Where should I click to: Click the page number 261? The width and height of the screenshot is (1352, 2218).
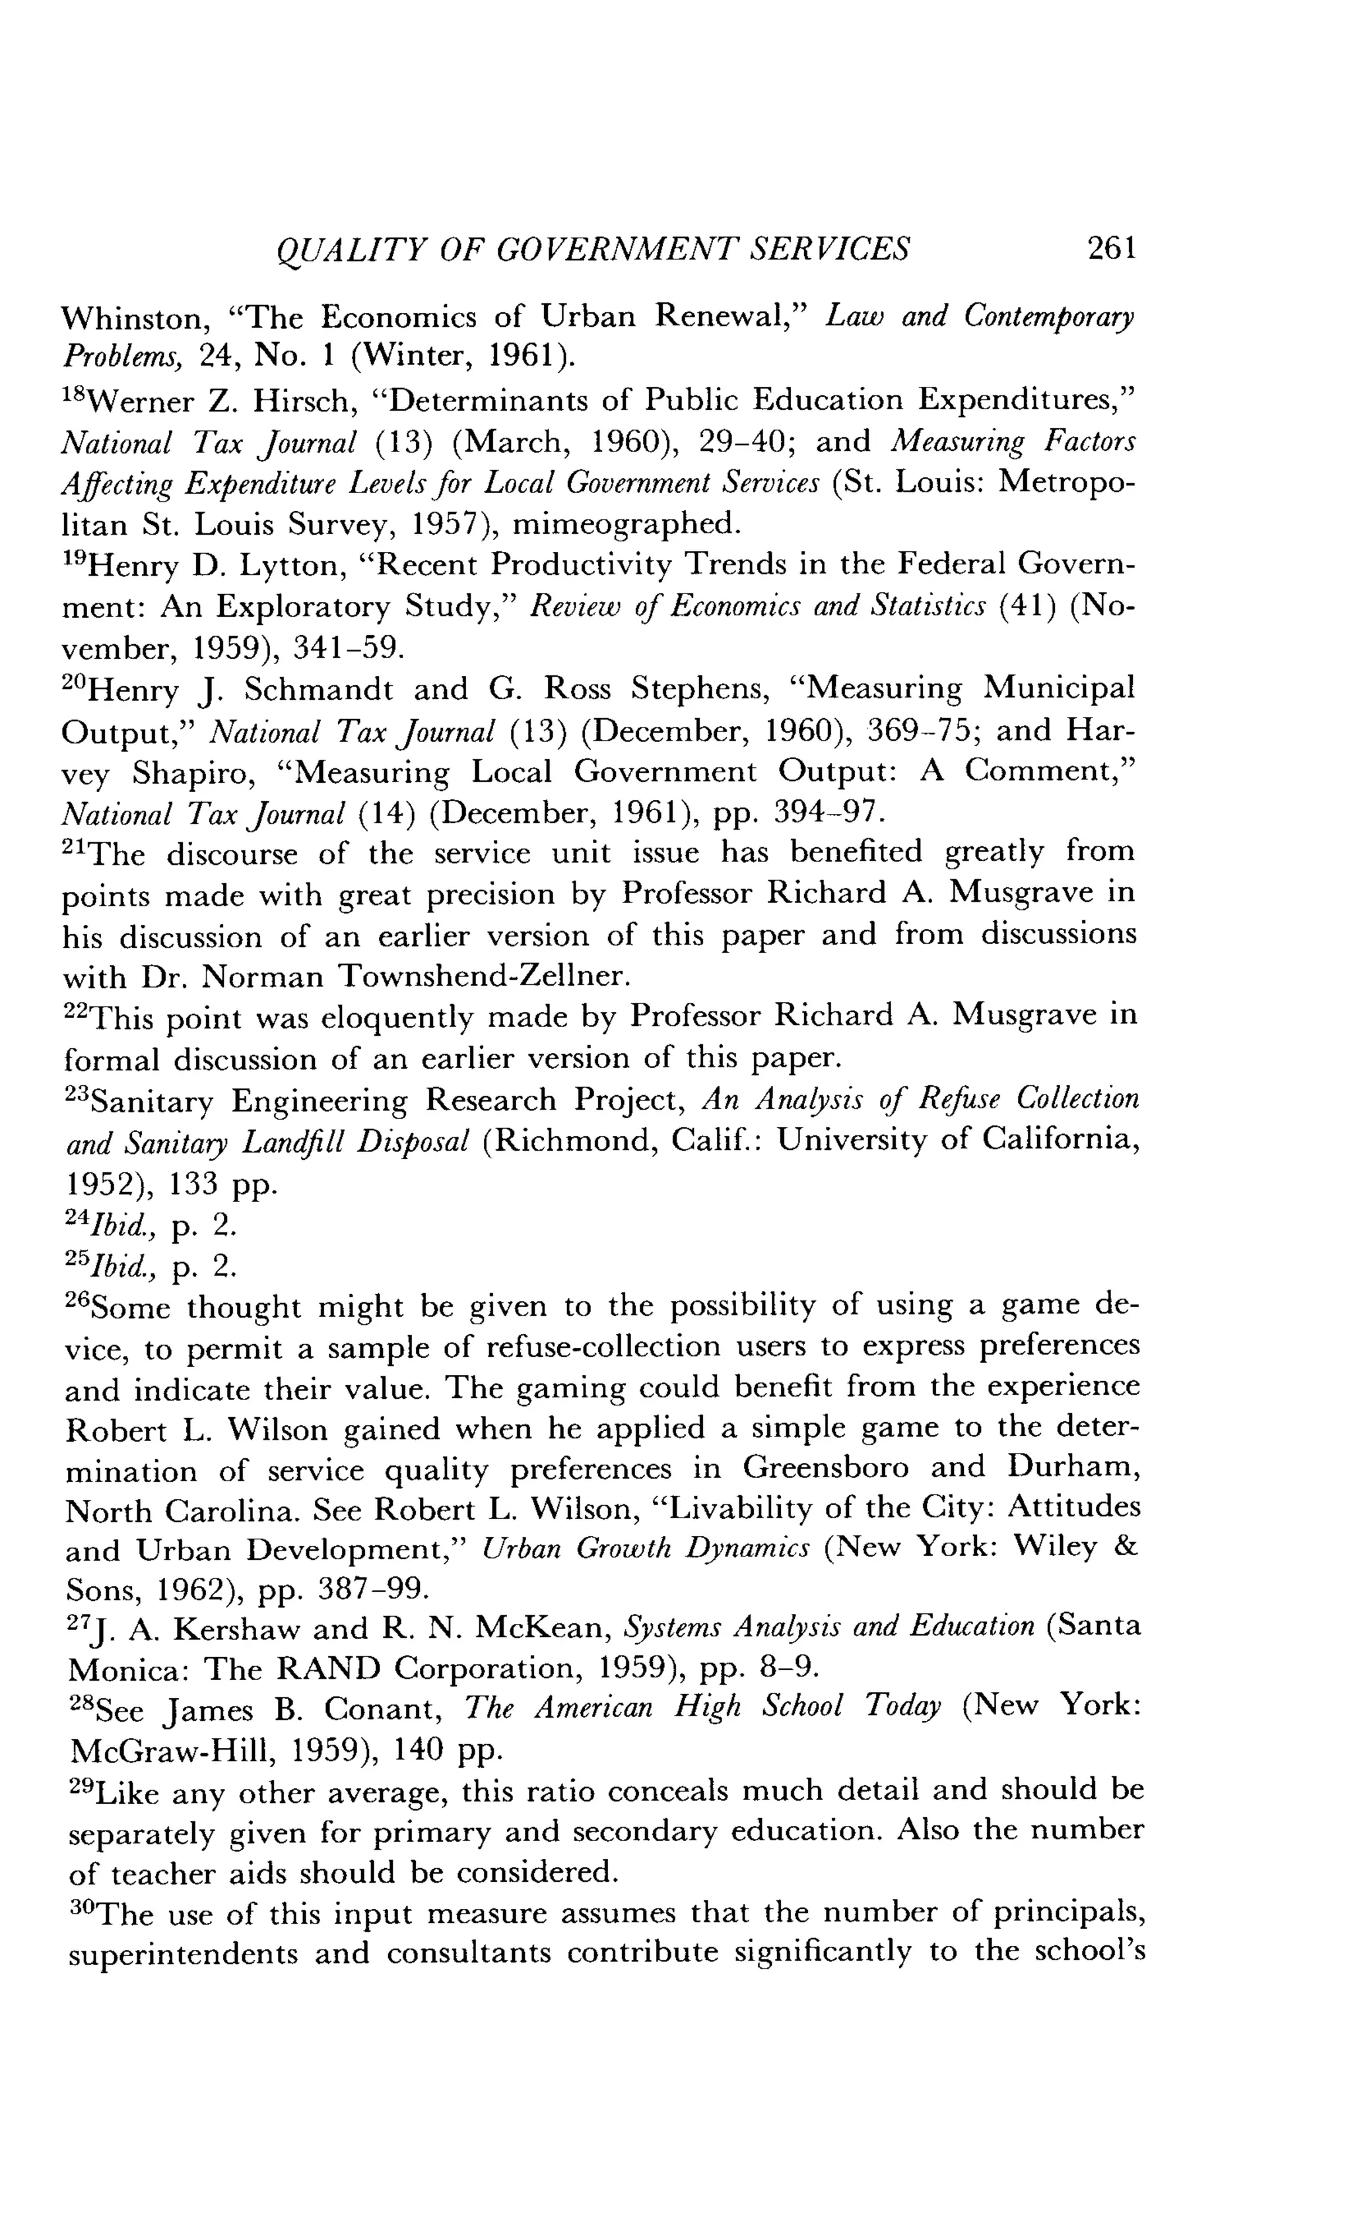(1112, 248)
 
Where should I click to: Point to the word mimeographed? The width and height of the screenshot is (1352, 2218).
(625, 524)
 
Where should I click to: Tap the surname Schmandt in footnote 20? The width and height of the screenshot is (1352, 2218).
(319, 690)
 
